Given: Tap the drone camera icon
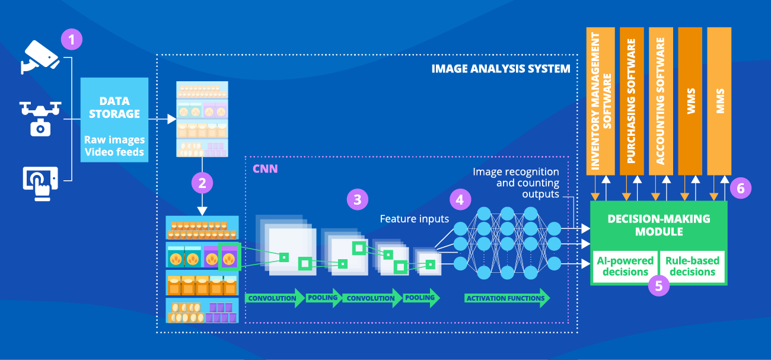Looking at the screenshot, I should pos(40,118).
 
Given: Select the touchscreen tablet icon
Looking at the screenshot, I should pos(40,180).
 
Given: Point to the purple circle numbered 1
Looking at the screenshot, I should pos(72,40).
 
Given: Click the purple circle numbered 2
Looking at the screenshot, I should pos(202,183).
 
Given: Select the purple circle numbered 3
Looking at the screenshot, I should pos(357,200).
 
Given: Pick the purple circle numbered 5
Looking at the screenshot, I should pos(659,285).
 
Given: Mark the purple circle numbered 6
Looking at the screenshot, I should pos(740,189).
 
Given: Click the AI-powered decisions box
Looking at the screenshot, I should pos(625,266).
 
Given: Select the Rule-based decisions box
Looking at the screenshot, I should pos(692,266).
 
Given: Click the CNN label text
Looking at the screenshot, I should pos(265,169).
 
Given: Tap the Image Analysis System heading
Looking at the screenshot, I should pos(501,68).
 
